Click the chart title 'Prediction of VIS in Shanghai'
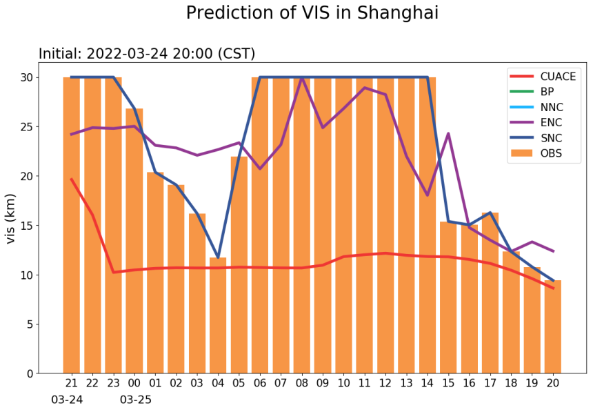click(312, 13)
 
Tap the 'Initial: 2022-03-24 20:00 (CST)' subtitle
click(146, 54)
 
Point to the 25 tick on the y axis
click(26, 127)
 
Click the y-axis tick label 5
click(30, 324)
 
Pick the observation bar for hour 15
click(448, 297)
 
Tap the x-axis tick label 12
click(385, 383)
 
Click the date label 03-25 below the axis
click(136, 400)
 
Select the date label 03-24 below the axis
click(67, 400)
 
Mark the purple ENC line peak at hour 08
click(301, 77)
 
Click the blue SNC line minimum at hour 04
click(218, 257)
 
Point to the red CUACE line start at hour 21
click(71, 179)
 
